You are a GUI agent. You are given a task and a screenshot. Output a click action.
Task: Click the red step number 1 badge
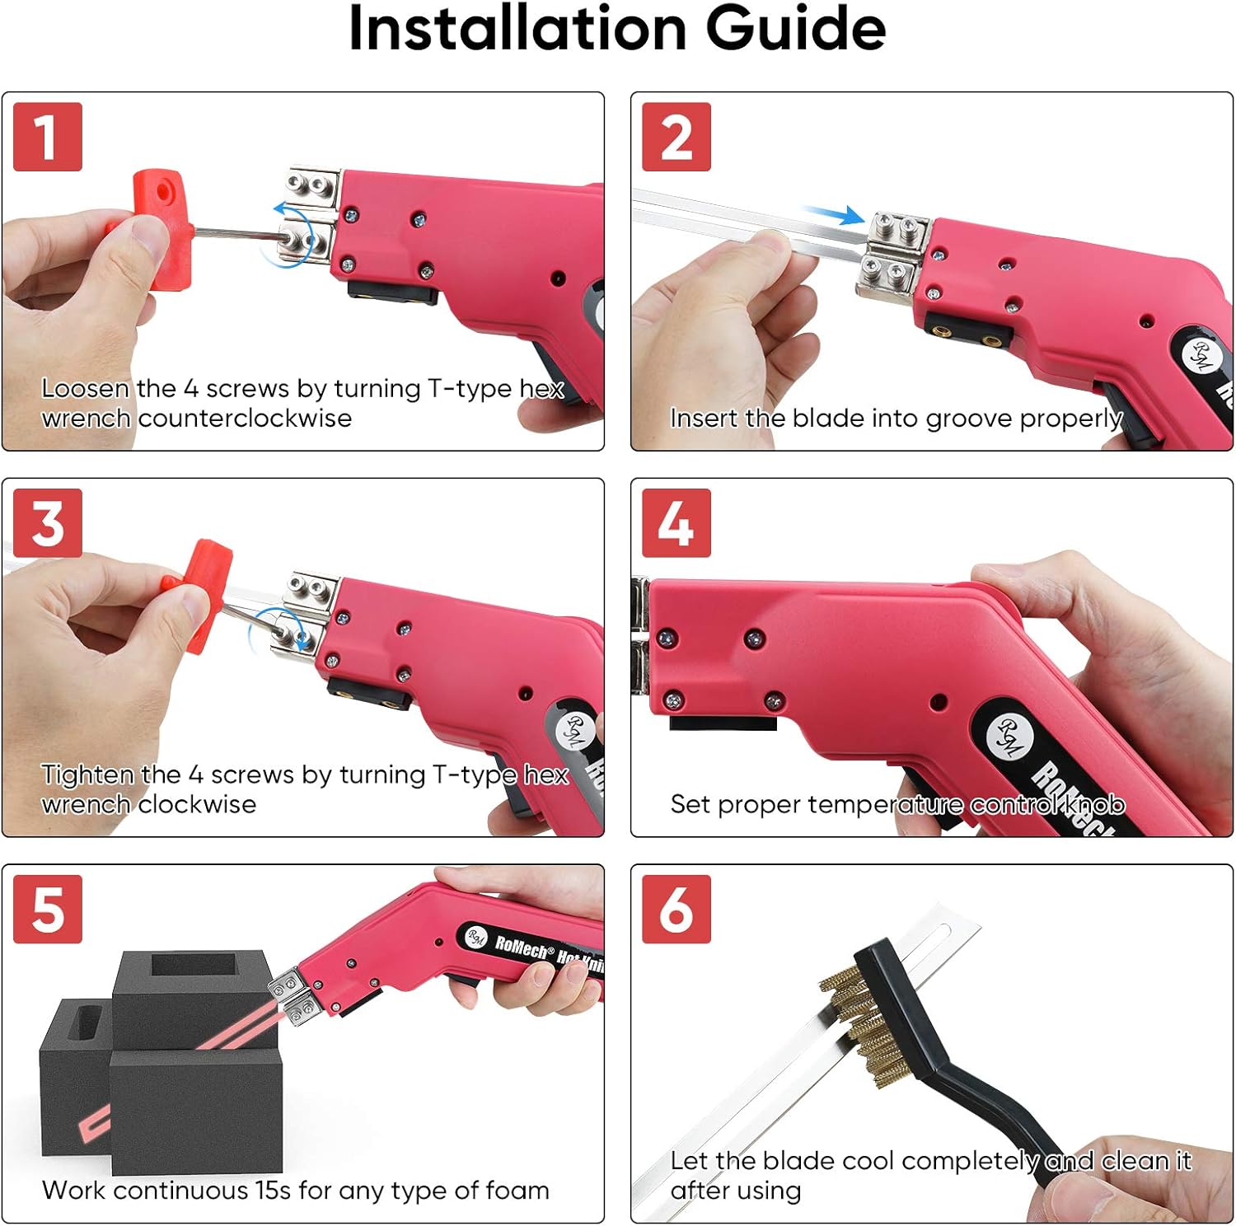click(48, 137)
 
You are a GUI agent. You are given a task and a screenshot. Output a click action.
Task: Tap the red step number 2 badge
click(677, 137)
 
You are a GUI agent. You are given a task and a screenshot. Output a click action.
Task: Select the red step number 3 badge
click(48, 523)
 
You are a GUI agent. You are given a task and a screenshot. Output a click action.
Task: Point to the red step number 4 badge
click(677, 523)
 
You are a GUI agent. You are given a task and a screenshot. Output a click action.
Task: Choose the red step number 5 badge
click(48, 909)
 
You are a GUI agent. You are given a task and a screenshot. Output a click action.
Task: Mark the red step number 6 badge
click(677, 909)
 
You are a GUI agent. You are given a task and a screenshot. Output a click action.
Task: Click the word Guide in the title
click(796, 29)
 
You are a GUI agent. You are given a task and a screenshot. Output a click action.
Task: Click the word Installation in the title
click(517, 29)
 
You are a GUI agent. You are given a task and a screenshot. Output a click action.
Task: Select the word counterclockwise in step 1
click(245, 418)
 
